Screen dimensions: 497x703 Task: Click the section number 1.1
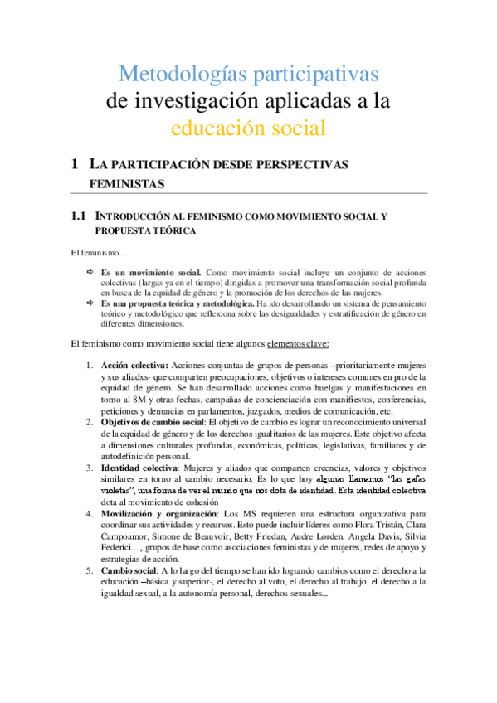(79, 216)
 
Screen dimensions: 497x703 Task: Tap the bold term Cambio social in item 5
(130, 570)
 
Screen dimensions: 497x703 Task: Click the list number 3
(90, 468)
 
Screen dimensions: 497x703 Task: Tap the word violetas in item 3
(119, 491)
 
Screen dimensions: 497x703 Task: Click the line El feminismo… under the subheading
(98, 252)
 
